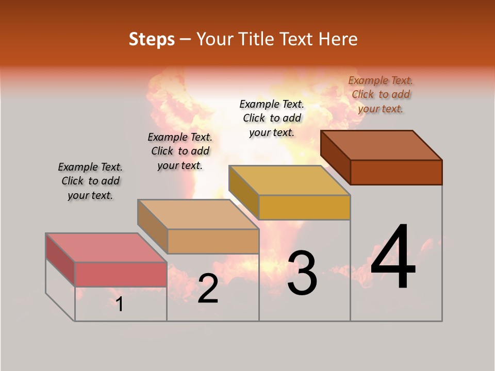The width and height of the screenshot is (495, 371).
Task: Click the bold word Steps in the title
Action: tap(152, 39)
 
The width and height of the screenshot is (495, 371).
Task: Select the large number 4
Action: tap(393, 257)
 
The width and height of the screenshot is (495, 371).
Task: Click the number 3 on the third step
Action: tap(302, 273)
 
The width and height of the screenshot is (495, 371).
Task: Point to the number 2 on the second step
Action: tap(208, 289)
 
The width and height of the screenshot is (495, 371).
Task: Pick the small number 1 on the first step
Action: tap(120, 305)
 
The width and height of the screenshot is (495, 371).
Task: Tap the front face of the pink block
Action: tap(121, 274)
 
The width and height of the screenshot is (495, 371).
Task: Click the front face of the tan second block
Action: tap(213, 241)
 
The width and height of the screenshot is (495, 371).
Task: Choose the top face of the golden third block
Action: tap(289, 180)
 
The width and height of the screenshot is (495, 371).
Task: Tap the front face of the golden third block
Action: tap(304, 207)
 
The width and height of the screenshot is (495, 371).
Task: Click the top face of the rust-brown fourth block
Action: tap(381, 145)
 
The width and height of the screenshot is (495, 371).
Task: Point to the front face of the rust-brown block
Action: tap(396, 172)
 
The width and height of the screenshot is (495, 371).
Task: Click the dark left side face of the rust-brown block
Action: tap(335, 157)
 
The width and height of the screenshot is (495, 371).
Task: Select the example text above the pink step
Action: tap(90, 181)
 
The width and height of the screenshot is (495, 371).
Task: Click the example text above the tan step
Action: tap(180, 151)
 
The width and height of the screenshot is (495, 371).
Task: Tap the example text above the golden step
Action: tap(272, 118)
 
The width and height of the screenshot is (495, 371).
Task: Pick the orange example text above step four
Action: tap(381, 94)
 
